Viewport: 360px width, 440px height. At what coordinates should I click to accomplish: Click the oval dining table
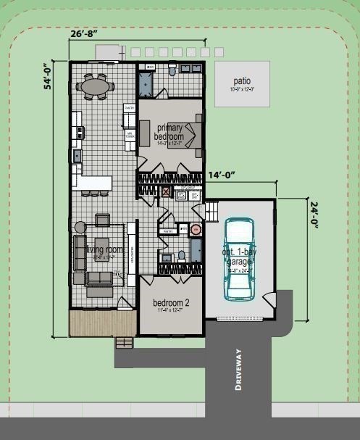click(x=96, y=87)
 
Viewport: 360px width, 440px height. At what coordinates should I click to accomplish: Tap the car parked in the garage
click(x=239, y=257)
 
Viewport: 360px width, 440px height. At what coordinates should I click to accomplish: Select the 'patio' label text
click(x=242, y=82)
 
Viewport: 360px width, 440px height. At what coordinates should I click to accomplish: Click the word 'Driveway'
click(x=238, y=370)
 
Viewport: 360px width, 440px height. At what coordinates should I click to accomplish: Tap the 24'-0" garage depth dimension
click(x=316, y=215)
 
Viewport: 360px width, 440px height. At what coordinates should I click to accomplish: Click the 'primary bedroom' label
click(x=170, y=133)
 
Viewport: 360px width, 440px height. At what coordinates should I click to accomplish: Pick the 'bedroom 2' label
click(x=171, y=303)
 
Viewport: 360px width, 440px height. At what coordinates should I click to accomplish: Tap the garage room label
click(x=239, y=257)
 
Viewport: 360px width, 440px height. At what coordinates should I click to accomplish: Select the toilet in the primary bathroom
click(x=172, y=71)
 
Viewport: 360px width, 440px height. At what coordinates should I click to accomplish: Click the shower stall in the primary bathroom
click(x=146, y=83)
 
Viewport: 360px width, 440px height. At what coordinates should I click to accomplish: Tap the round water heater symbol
click(x=194, y=231)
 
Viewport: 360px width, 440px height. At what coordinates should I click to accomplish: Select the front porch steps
click(x=125, y=341)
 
